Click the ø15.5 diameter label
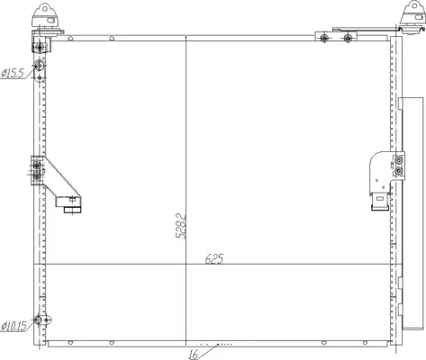pyautogui.click(x=12, y=73)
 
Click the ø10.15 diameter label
pyautogui.click(x=14, y=326)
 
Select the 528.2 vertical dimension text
pyautogui.click(x=181, y=226)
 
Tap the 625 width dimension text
pyautogui.click(x=214, y=258)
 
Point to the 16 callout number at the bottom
pyautogui.click(x=194, y=355)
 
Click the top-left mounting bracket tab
pyautogui.click(x=45, y=15)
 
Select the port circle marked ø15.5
pyautogui.click(x=39, y=65)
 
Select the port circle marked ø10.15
pyautogui.click(x=38, y=319)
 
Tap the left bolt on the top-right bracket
pyautogui.click(x=323, y=38)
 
